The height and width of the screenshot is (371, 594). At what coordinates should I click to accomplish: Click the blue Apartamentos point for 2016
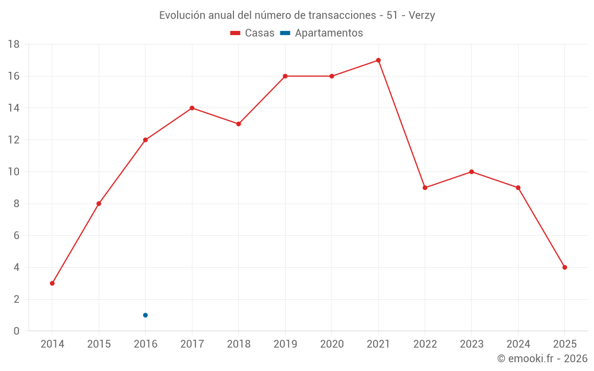point(146,315)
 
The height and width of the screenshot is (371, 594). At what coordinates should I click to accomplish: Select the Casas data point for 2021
point(378,60)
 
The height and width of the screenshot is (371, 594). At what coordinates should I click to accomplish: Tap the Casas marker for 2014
point(52,283)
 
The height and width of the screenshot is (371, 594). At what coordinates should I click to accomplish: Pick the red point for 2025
point(565,267)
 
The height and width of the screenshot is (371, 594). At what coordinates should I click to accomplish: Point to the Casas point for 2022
point(425,188)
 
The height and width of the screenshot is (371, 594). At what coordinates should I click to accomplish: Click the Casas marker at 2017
point(192,108)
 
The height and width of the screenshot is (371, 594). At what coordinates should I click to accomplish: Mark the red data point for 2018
point(238,124)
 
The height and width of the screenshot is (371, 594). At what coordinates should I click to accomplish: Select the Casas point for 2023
point(472,172)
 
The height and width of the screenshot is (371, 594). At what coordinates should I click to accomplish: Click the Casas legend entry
point(252,33)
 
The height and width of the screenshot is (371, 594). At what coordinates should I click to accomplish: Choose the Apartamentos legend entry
point(321,33)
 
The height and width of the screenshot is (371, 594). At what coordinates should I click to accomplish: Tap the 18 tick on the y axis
point(14,45)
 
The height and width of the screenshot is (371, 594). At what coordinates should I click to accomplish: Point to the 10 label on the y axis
point(14,172)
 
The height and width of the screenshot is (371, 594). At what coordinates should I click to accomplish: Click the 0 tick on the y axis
point(17,331)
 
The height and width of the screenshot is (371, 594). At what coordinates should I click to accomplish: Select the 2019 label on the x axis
point(285,344)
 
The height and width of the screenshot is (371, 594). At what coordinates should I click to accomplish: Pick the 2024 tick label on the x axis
point(518,344)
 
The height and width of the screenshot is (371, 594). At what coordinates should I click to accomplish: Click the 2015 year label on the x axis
point(99,344)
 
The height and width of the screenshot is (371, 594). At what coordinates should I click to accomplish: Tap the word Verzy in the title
point(422,15)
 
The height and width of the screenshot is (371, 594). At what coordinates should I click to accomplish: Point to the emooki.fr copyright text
point(542,359)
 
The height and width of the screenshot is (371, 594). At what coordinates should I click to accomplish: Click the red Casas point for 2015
point(99,204)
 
